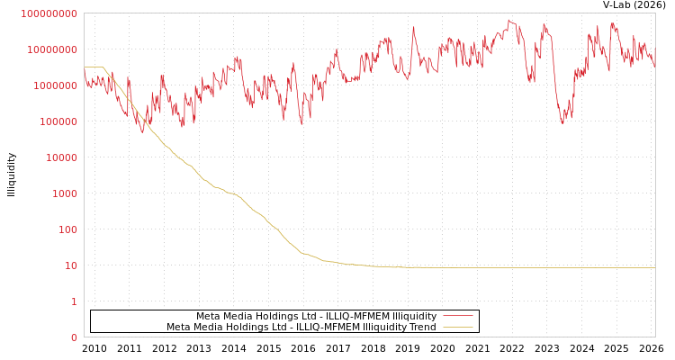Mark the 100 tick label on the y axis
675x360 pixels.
(x=66, y=229)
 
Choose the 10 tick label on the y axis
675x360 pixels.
(x=69, y=265)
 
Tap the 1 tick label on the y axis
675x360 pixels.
(x=74, y=301)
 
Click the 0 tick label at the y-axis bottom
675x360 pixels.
(x=74, y=337)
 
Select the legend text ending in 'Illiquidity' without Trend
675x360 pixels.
(x=316, y=317)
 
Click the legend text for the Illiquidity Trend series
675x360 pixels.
(x=301, y=327)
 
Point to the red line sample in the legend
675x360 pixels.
(x=458, y=317)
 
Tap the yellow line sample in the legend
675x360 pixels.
(x=458, y=327)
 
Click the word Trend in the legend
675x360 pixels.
(x=421, y=327)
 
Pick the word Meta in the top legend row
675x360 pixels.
(x=208, y=317)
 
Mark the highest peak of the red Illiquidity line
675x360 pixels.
(x=509, y=20)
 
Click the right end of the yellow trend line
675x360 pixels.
(x=654, y=267)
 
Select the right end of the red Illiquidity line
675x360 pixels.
(x=654, y=67)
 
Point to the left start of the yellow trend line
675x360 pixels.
(x=85, y=67)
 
